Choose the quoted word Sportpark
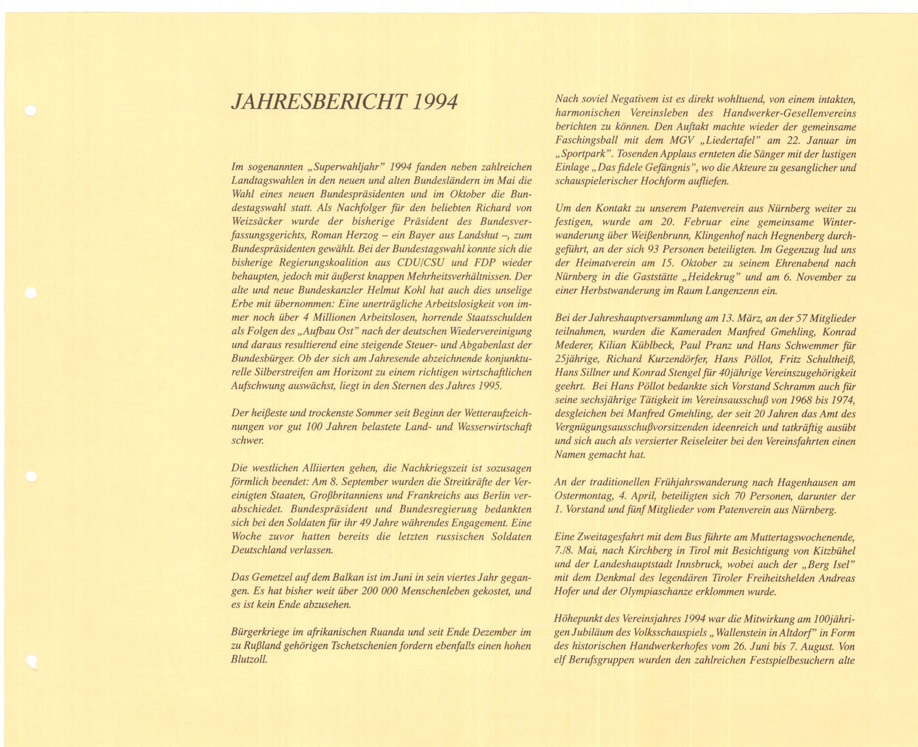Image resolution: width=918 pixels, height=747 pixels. click(x=584, y=154)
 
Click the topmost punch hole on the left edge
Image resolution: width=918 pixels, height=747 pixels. click(x=31, y=111)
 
